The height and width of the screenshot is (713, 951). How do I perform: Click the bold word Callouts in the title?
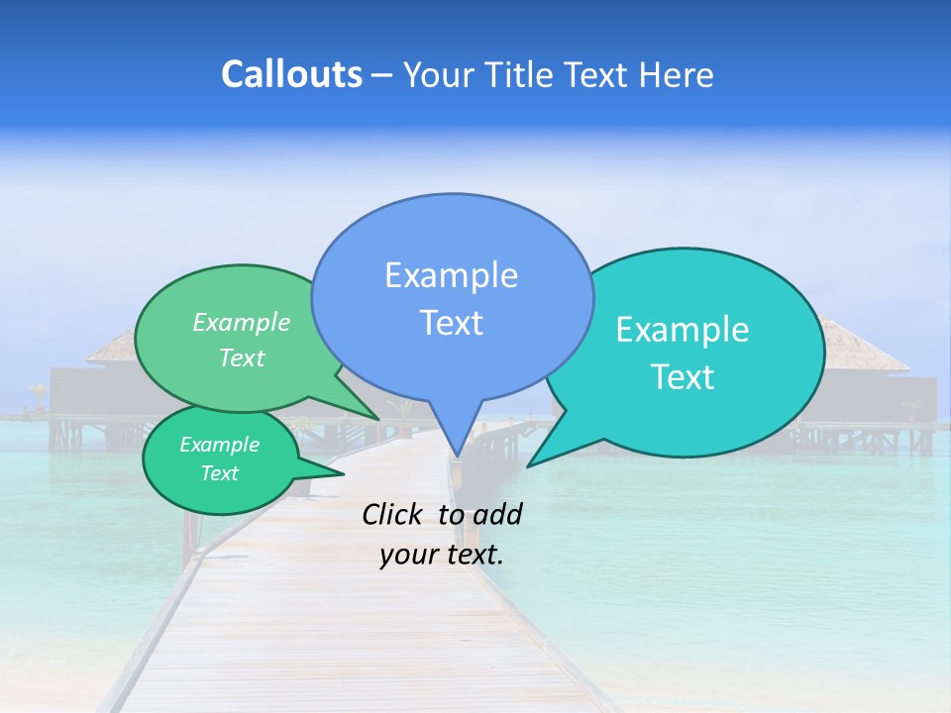click(x=291, y=74)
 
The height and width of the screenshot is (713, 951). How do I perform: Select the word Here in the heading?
click(x=677, y=74)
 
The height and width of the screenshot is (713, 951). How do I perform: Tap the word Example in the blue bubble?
click(x=451, y=275)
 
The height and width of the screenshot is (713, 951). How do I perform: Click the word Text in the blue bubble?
click(x=451, y=323)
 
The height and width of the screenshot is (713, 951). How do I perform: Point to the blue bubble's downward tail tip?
click(x=457, y=457)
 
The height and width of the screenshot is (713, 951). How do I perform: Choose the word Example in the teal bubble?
click(x=683, y=330)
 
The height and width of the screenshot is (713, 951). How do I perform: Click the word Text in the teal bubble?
click(x=683, y=377)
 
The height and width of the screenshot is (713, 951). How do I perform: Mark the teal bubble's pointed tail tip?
click(x=529, y=465)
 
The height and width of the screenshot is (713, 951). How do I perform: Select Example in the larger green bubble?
click(x=242, y=323)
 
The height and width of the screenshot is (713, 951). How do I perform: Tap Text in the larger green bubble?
click(x=242, y=357)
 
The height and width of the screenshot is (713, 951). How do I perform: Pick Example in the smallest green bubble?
click(x=219, y=445)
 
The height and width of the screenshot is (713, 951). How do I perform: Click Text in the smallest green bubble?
click(x=219, y=473)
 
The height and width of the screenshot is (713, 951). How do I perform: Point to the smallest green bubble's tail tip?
click(x=343, y=473)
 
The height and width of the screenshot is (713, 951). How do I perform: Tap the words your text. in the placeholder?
click(x=441, y=555)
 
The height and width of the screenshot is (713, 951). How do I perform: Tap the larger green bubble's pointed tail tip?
click(x=378, y=418)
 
